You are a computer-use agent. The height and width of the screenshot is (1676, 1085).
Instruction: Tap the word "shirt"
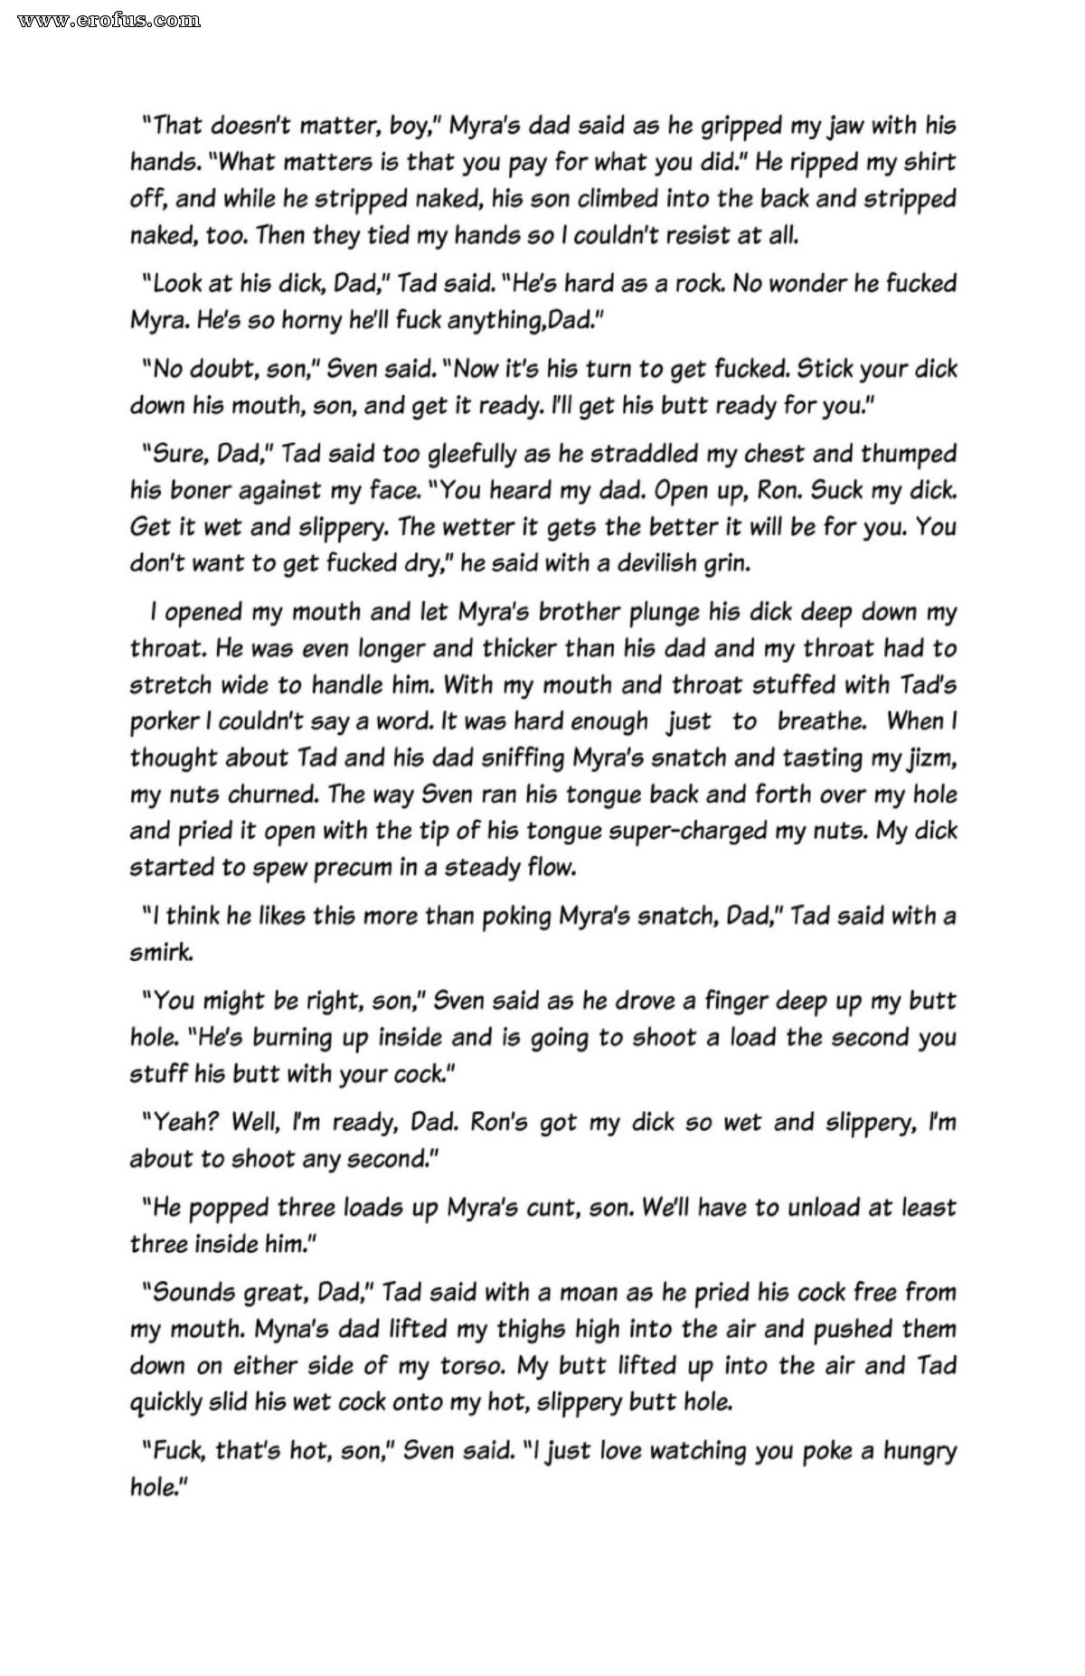tap(926, 163)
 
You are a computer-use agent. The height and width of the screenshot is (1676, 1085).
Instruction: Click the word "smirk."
tap(162, 953)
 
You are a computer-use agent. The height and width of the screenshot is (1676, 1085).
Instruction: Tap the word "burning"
tap(293, 1038)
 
